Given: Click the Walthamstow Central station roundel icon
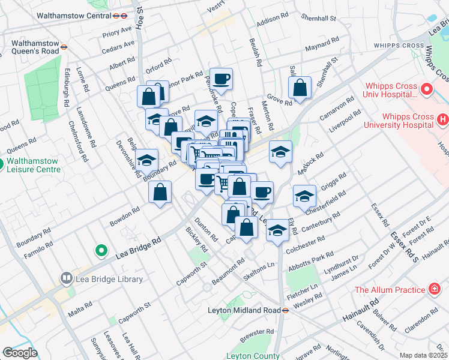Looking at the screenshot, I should click(x=122, y=16).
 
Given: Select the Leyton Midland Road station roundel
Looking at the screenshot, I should click(x=286, y=310).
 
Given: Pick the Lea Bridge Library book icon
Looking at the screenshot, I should click(x=66, y=279).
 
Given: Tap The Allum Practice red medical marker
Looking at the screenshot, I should click(x=435, y=290).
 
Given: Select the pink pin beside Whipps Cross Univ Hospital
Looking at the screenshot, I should click(x=427, y=89).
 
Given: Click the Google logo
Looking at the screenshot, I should click(x=20, y=353).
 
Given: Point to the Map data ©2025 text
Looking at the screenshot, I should click(x=423, y=355).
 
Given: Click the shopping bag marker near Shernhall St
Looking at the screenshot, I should click(x=300, y=87).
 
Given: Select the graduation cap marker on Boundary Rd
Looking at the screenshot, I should click(x=145, y=160).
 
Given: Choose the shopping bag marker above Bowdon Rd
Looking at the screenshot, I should click(x=160, y=192).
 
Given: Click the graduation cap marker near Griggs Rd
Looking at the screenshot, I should click(x=304, y=196).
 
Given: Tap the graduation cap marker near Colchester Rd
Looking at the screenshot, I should click(x=277, y=230).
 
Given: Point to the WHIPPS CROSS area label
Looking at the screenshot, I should click(x=399, y=45).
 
